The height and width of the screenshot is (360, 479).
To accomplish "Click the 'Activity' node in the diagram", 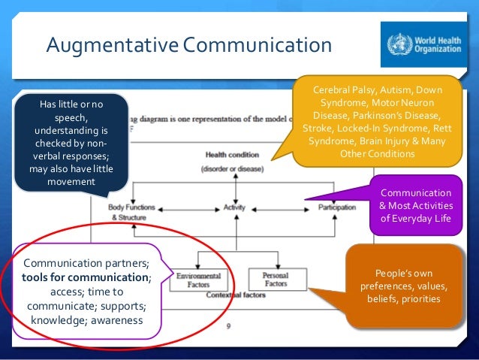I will [235, 207].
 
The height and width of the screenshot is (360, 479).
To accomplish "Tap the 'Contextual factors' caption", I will [236, 296].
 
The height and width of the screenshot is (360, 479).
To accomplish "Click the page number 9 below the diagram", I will [230, 326].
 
